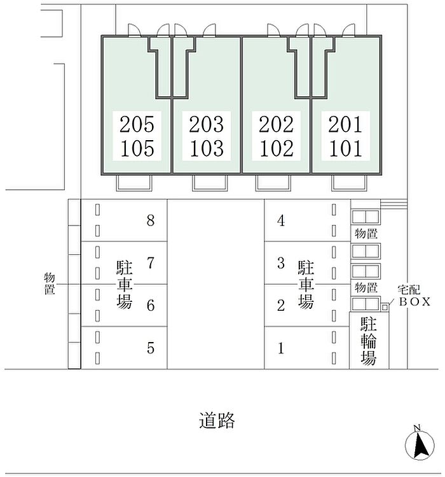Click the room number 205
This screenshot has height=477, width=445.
coord(137,124)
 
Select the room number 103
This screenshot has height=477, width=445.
coord(207,148)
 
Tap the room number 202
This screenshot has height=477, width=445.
coord(276,124)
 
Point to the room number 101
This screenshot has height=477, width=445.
coord(345,148)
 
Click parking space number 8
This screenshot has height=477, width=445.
coord(151,220)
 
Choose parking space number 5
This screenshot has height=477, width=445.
coord(151,348)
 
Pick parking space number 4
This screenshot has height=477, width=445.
coord(281,220)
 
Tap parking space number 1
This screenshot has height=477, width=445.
coord(281,348)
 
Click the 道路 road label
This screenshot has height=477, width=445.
coord(217,421)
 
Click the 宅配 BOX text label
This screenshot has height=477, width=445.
coord(414,295)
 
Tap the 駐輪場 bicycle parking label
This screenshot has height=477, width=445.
coord(369,341)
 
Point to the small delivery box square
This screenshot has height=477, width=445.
coord(385,307)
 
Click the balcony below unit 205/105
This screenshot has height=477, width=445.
coord(134,183)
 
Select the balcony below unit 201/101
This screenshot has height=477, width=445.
coord(349,183)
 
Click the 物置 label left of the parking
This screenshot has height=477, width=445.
coord(50,283)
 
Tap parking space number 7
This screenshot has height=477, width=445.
coord(151,263)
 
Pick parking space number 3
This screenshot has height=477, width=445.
coord(281,263)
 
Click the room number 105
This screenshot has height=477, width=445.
coord(137,148)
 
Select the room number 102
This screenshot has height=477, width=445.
coord(277,148)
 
